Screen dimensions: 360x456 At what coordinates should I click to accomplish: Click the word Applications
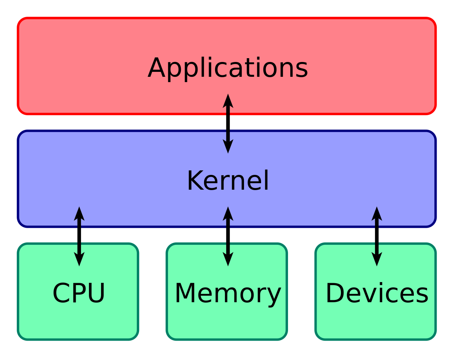(228, 68)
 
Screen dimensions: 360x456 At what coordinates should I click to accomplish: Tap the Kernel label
(228, 181)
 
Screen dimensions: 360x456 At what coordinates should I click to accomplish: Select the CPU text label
(79, 293)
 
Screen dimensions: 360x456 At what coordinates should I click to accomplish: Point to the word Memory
(228, 293)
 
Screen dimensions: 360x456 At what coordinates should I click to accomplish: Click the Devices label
(377, 293)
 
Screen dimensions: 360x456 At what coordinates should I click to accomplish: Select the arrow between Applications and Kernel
(228, 124)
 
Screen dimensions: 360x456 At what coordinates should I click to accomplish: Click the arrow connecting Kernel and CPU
(79, 236)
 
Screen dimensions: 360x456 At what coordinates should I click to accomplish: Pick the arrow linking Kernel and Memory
(228, 236)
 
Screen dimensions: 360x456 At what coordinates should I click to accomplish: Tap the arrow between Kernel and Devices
(377, 236)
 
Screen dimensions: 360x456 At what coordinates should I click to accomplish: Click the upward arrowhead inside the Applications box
(228, 101)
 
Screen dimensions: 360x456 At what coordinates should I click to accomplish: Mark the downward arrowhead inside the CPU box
(79, 259)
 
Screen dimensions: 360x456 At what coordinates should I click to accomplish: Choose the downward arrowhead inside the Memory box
(228, 259)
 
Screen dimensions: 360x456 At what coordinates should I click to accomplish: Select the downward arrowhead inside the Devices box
(377, 259)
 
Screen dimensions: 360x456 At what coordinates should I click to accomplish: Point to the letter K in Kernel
(195, 181)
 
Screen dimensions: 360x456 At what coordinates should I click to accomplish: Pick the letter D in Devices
(334, 293)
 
